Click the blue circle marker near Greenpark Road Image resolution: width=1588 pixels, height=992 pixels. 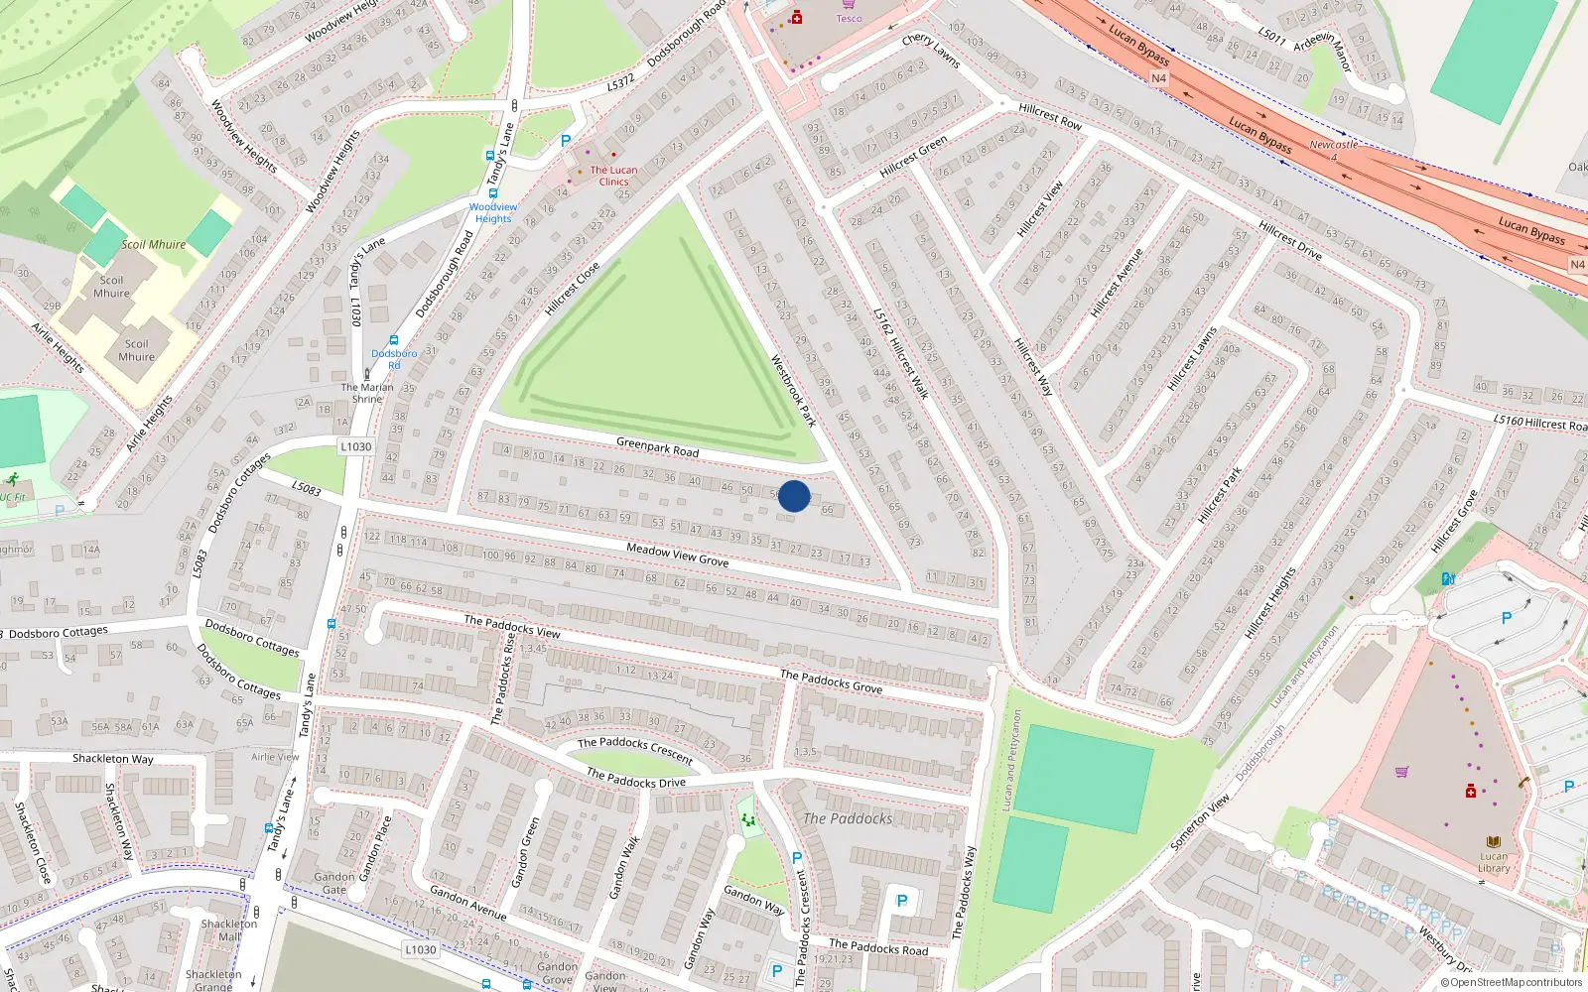point(794,496)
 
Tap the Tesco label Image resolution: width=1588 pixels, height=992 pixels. point(849,18)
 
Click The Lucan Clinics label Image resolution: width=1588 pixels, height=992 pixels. point(613,176)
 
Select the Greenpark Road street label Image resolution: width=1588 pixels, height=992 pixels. point(657,447)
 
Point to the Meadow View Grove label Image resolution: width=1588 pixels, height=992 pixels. point(677,555)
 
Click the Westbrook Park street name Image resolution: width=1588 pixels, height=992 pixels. point(793,391)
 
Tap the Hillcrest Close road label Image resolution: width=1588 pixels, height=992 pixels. point(572,289)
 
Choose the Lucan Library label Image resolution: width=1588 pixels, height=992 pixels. point(1494,862)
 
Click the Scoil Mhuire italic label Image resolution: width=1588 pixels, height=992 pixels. point(153,244)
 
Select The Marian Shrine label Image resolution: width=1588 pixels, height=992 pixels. point(367,393)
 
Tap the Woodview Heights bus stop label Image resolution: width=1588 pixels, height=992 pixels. point(493,213)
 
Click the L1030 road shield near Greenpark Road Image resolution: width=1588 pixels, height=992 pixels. point(356,446)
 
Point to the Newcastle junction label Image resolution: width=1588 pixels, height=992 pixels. point(1333,145)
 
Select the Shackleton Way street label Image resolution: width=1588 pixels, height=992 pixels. point(112,759)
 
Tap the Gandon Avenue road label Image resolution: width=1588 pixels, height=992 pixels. point(468,903)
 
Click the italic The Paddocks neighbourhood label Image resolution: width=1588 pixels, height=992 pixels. point(848,818)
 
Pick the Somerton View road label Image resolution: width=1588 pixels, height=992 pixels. point(1200,821)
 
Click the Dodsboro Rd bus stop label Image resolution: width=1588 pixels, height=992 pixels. point(394,358)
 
